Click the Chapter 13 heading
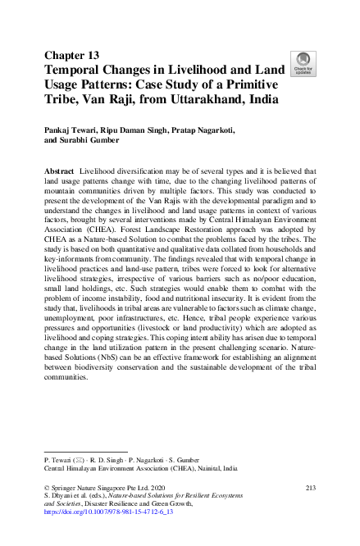[72, 56]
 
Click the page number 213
[310, 488]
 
